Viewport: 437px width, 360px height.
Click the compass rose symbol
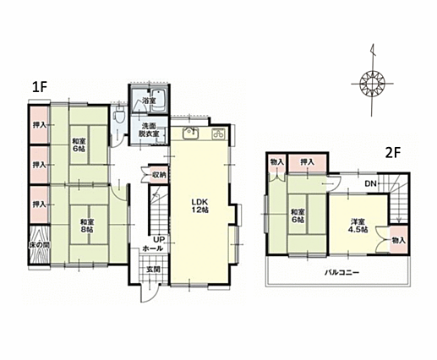point(373,84)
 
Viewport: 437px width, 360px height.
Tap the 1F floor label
point(39,87)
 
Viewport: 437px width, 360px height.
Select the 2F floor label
point(393,153)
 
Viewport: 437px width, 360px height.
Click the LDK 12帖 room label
point(200,205)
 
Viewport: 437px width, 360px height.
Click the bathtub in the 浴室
point(160,101)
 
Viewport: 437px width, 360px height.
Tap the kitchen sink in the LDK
point(191,133)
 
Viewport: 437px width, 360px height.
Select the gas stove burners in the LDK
point(219,134)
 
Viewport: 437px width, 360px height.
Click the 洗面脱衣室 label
point(148,130)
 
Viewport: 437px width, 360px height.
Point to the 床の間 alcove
point(40,245)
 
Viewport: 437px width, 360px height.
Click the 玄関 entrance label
point(153,269)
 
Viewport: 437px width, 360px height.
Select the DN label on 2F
point(371,184)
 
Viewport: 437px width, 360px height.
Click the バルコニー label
point(341,273)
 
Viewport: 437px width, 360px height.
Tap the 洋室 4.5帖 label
point(358,226)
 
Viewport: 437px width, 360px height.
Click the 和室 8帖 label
point(87,226)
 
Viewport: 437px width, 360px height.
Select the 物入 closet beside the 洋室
point(399,240)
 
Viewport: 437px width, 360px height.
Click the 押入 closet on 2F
point(308,162)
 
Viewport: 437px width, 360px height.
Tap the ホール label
point(153,248)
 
